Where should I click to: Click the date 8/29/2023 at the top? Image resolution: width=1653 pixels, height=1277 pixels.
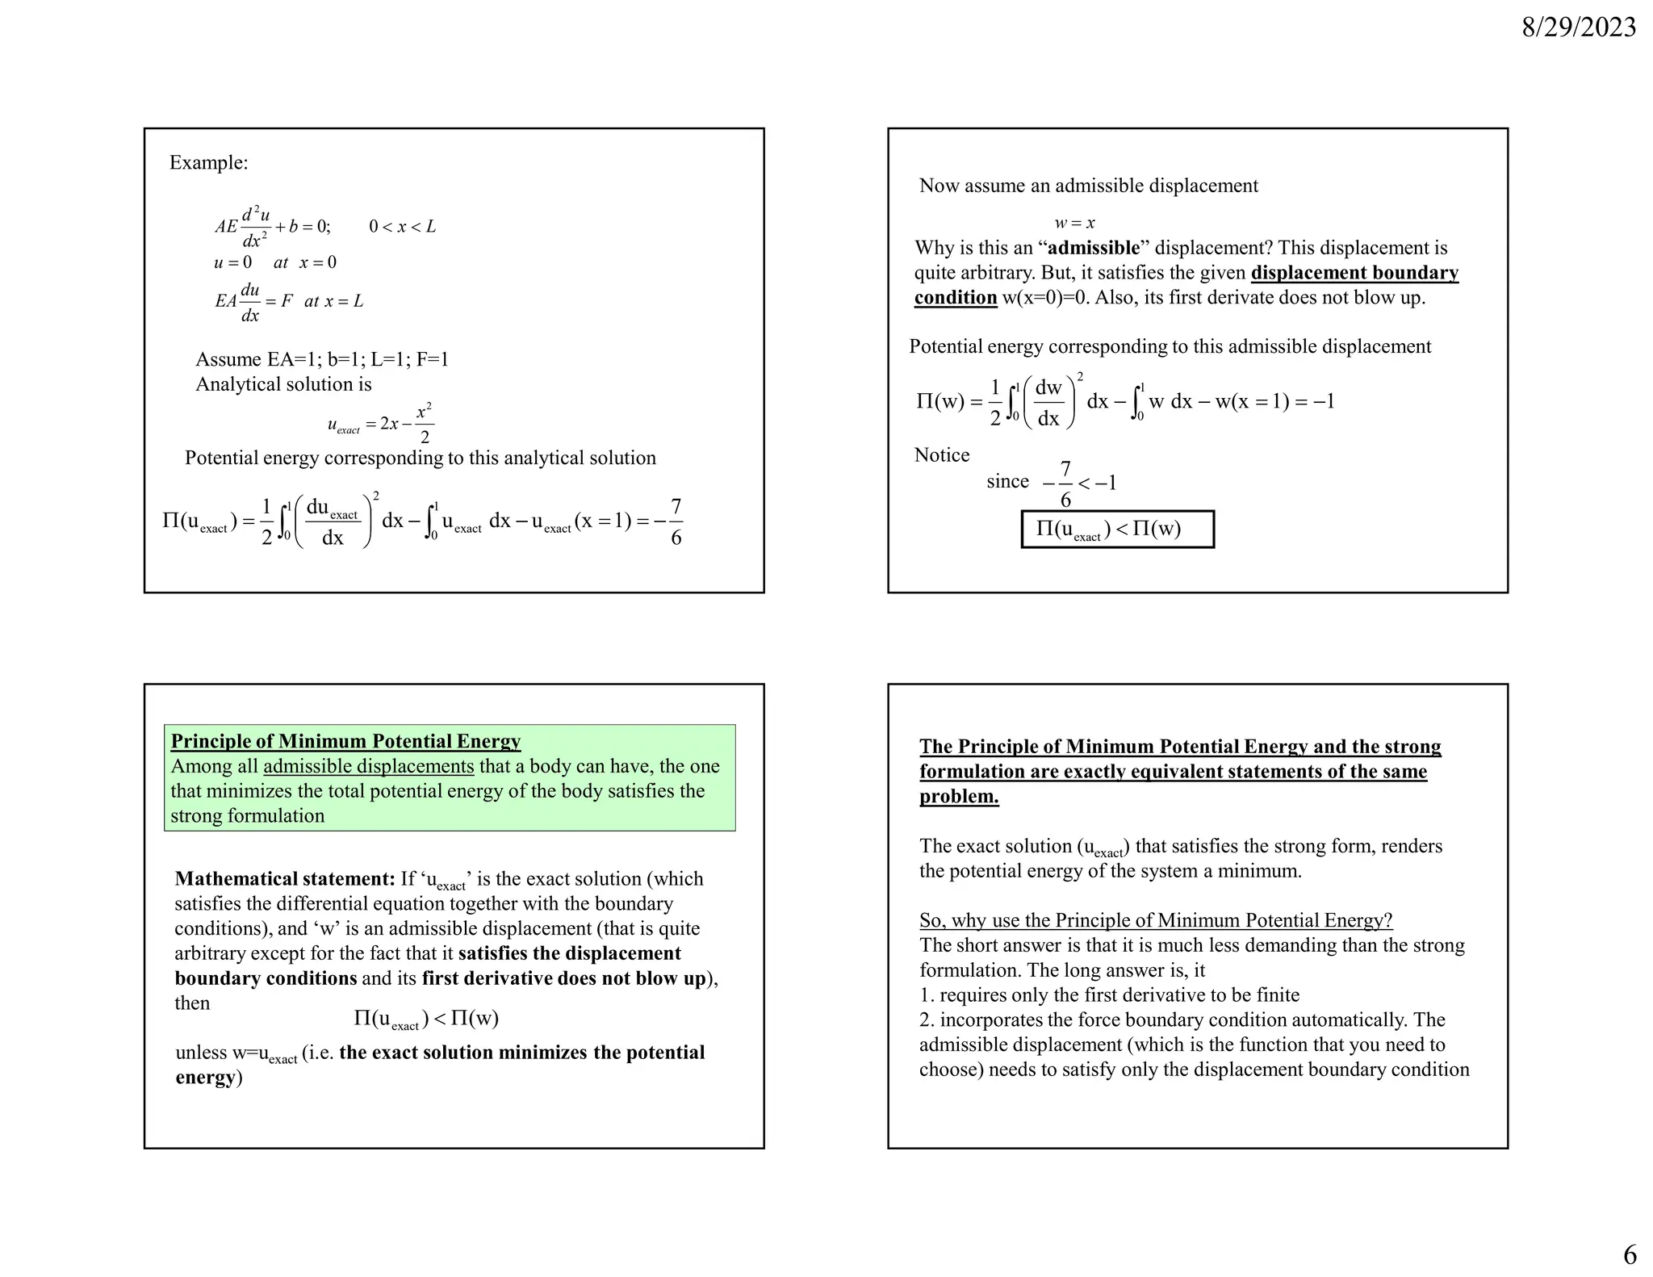coord(1579,27)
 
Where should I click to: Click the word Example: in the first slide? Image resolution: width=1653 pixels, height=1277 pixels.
coord(208,163)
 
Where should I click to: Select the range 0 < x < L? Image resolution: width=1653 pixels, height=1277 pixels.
coord(402,227)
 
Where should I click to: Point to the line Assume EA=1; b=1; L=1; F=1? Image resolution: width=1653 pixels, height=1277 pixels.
coord(321,359)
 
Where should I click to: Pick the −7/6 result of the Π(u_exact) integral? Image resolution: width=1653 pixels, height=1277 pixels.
coord(670,521)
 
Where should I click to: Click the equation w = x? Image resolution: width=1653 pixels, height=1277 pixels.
coord(1074,224)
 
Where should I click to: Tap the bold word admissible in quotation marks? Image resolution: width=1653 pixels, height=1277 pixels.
coord(1094,248)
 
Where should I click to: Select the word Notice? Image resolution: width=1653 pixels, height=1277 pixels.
coord(941,455)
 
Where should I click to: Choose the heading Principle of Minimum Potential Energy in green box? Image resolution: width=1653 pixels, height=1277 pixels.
coord(345,741)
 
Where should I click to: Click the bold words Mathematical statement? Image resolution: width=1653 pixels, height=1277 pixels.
coord(284,878)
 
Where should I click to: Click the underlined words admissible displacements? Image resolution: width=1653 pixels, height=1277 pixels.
coord(368,766)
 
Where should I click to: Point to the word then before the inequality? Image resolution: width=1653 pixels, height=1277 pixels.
coord(192,1003)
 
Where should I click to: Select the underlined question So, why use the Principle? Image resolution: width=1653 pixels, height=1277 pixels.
coord(1155,920)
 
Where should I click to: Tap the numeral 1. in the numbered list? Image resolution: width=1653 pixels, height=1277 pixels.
coord(926,995)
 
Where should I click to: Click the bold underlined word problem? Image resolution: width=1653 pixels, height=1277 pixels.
coord(959,797)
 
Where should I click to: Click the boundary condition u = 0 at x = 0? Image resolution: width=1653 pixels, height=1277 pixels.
coord(274,263)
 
